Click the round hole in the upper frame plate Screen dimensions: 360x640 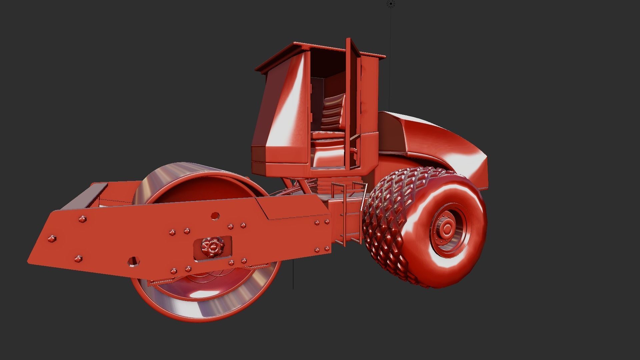[215, 216]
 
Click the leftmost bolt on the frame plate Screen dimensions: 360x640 [52, 239]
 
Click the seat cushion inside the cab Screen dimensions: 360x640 [328, 135]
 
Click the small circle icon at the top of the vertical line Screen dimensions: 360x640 [391, 4]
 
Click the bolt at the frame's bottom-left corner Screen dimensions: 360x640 [78, 258]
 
